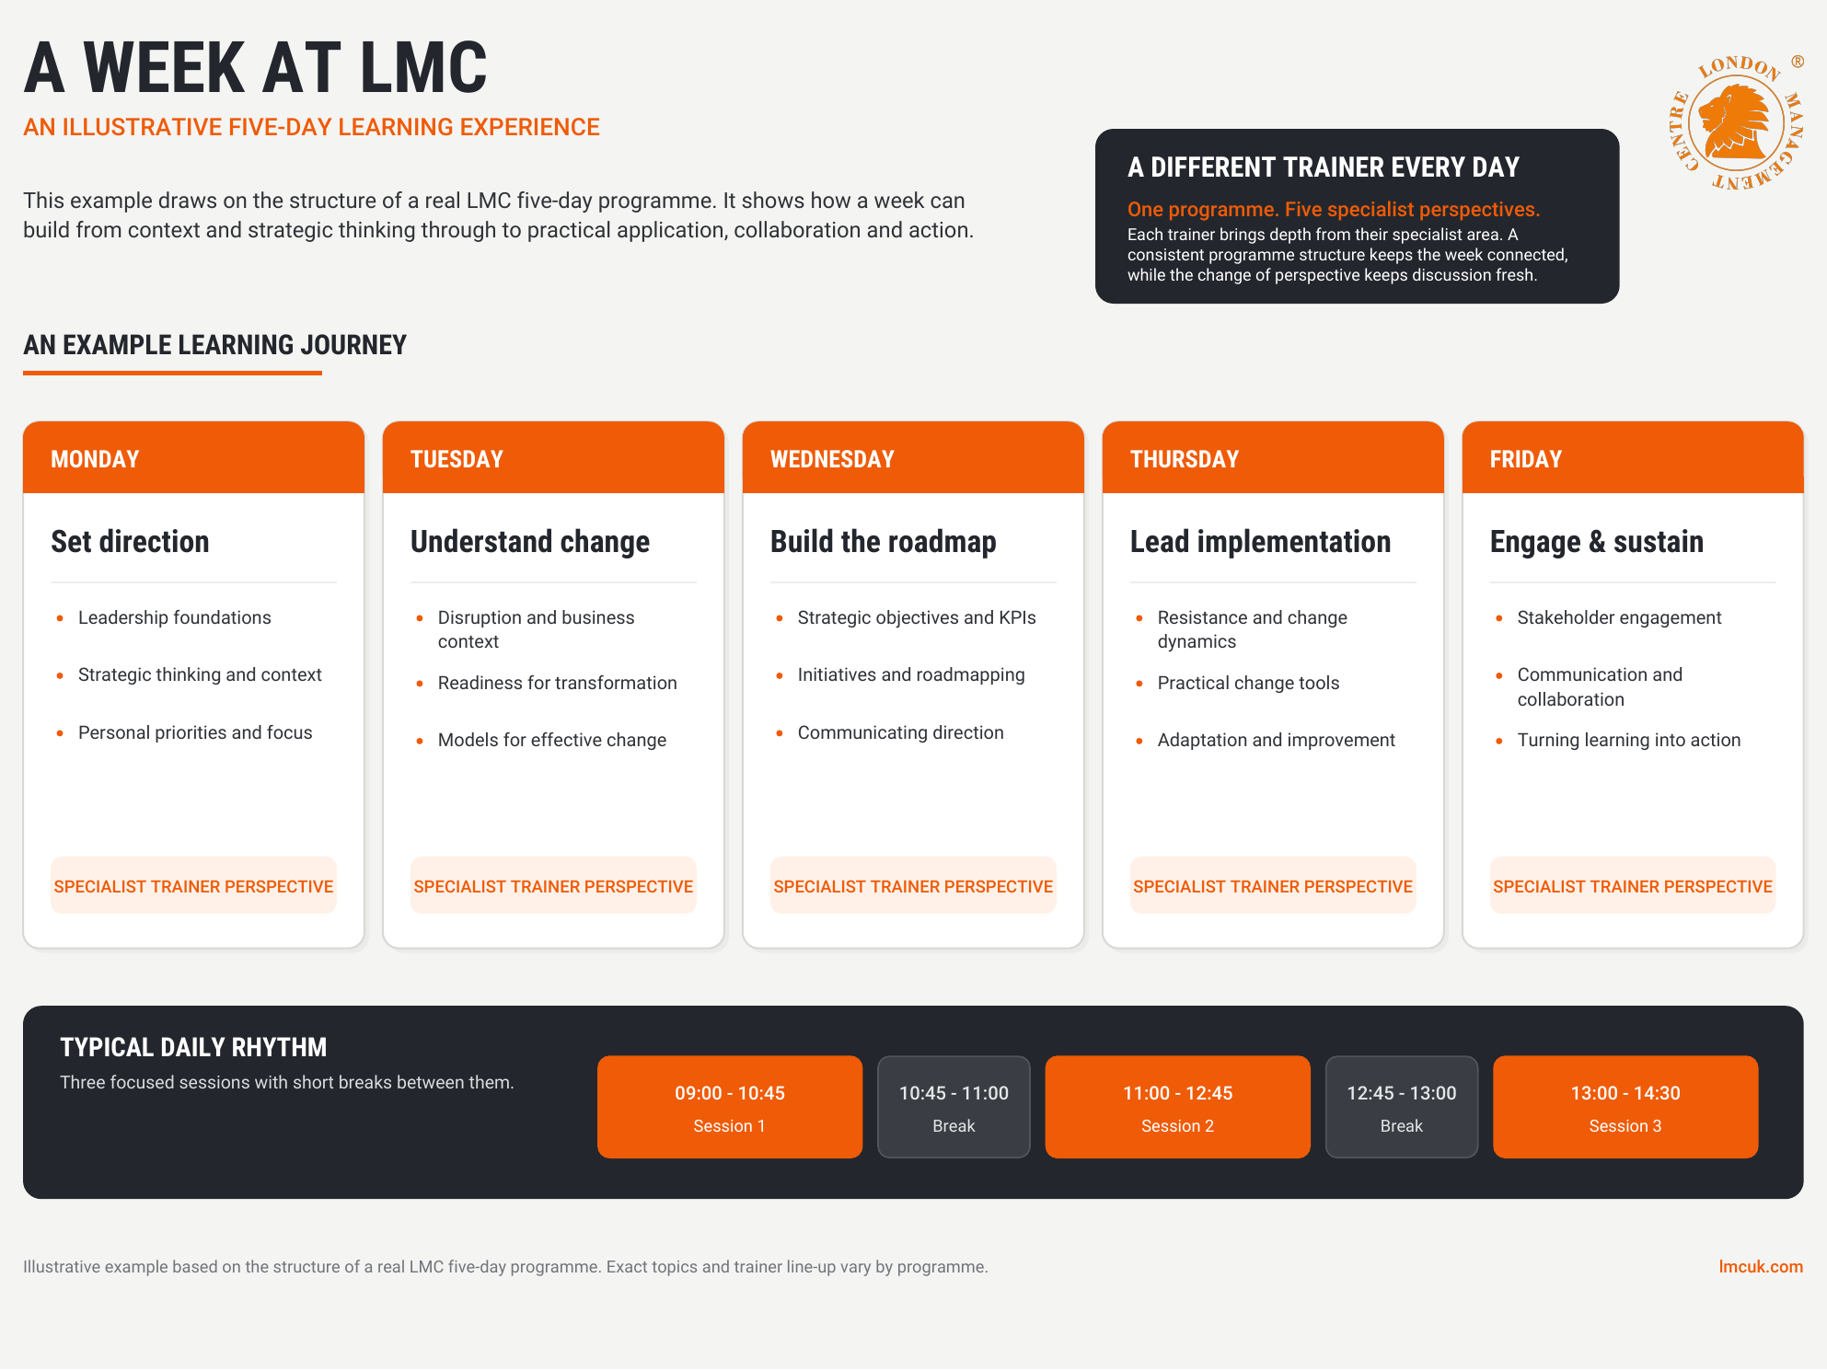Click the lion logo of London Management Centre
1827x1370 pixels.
tap(1736, 122)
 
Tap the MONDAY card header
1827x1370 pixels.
tap(193, 458)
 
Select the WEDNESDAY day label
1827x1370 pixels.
tap(832, 459)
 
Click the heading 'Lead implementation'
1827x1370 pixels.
tap(1260, 541)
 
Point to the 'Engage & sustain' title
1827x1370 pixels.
tap(1596, 541)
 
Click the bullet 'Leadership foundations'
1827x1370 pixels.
tap(175, 617)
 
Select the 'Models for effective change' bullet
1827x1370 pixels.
tap(552, 740)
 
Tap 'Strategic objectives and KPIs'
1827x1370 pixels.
tap(917, 617)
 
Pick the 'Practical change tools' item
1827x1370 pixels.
tap(1248, 683)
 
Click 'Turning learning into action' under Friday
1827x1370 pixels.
tap(1629, 740)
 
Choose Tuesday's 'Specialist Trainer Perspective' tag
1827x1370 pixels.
tap(553, 886)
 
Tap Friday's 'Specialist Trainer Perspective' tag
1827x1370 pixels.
tap(1633, 886)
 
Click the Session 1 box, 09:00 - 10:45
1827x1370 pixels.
tap(730, 1107)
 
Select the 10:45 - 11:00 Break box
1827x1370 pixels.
tap(954, 1107)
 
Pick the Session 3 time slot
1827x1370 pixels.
tap(1625, 1107)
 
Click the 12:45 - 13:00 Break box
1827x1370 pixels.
tap(1402, 1107)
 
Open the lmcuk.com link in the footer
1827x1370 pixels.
tap(1761, 1267)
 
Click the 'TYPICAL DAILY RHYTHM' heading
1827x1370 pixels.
tap(193, 1047)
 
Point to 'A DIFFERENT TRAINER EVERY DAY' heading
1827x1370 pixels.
tap(1323, 167)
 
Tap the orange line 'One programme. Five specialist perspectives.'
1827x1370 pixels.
tap(1334, 210)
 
